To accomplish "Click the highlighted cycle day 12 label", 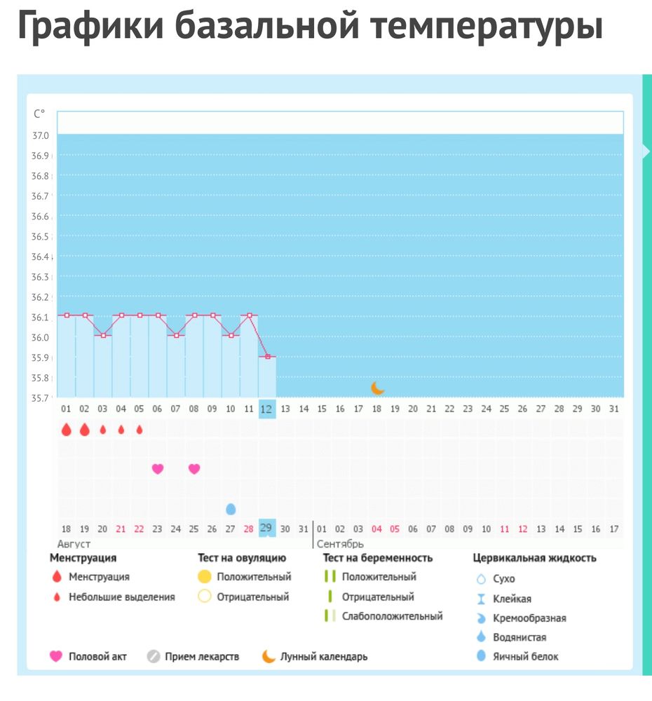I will pos(266,409).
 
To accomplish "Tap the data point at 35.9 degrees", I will pos(266,357).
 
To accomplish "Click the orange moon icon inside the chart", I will pos(378,388).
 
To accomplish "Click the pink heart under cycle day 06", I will pos(158,469).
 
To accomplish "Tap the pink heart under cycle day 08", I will pos(194,469).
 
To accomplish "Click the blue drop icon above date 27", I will pos(231,508).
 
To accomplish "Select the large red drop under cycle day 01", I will pos(67,430).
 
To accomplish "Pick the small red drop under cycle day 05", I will pos(140,430).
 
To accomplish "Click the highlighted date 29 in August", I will pos(266,528).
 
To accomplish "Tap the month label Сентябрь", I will pos(340,544).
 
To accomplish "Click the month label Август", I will pos(74,544).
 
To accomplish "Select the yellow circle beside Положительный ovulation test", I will pos(204,577).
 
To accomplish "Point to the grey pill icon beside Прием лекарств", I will pos(154,657).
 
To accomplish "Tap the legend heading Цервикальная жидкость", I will pos(534,558).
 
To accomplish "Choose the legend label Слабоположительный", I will pos(392,616).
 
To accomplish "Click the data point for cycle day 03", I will pos(103,336).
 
